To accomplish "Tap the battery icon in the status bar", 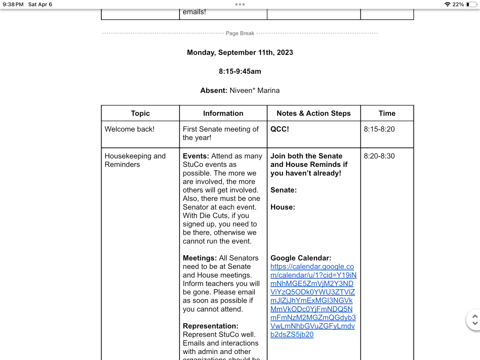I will [x=471, y=4].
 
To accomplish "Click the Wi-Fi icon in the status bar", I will [x=447, y=4].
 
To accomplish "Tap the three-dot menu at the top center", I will [x=240, y=4].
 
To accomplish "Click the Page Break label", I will [x=240, y=33].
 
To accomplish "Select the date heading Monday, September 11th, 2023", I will [x=240, y=52].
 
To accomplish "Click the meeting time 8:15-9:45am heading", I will [x=240, y=71].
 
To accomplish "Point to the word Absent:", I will [x=214, y=90].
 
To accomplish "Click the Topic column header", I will [x=140, y=113].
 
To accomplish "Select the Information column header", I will [x=223, y=113].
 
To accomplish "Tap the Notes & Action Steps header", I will [x=313, y=113].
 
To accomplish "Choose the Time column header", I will [x=387, y=113].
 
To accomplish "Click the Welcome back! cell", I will [x=130, y=129].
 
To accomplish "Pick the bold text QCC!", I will [x=280, y=129].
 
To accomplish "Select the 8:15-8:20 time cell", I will [x=379, y=129].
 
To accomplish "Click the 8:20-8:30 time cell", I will [x=379, y=156].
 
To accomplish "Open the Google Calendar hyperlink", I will [x=313, y=300].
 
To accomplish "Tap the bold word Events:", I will [x=196, y=156].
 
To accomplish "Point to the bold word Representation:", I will [x=210, y=326].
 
